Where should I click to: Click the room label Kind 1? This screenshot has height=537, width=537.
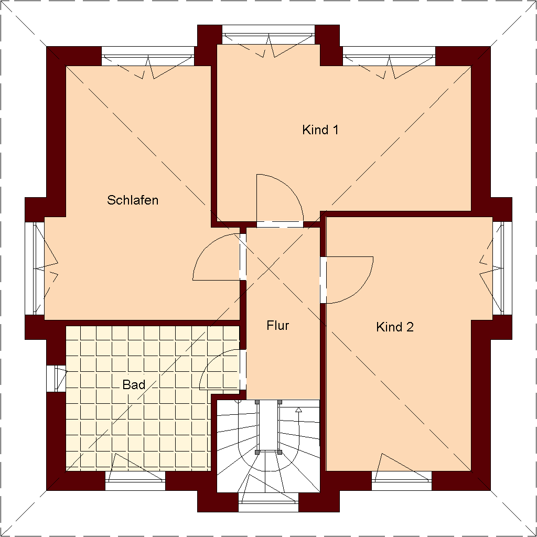(320, 130)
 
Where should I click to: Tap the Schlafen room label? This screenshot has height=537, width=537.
(133, 200)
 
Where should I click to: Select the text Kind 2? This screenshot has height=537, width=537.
(395, 327)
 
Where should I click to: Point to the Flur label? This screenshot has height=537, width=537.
(278, 326)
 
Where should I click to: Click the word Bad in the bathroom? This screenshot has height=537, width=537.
(134, 385)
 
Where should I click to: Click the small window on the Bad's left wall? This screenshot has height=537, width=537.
(56, 378)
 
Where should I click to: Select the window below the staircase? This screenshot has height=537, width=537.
(268, 503)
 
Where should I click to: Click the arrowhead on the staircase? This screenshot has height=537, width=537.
(299, 410)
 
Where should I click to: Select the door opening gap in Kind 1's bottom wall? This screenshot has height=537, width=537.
(280, 224)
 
